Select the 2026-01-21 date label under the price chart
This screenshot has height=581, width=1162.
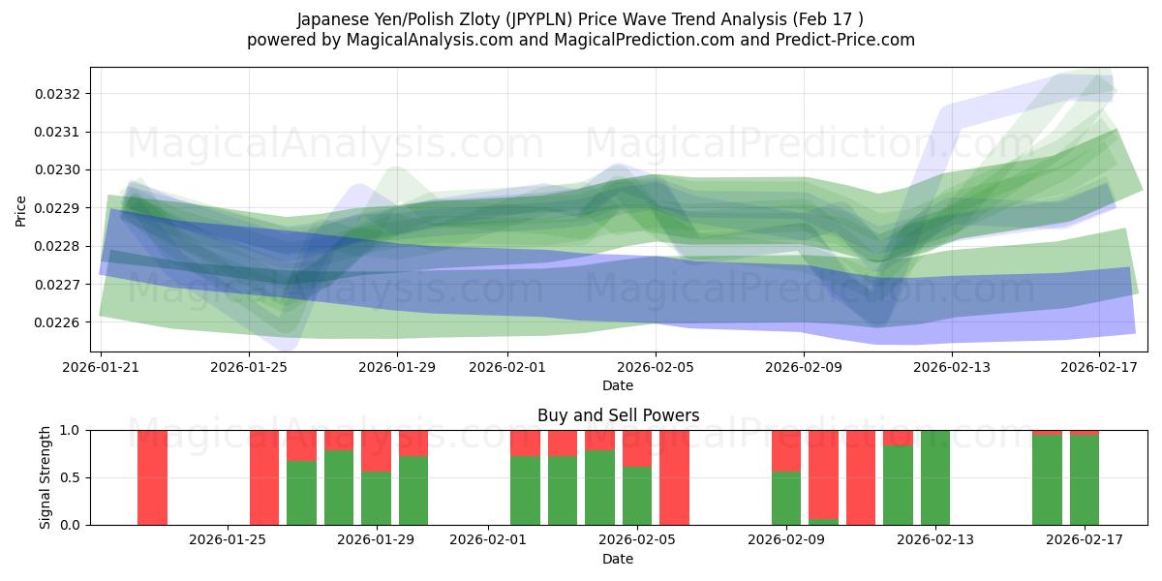click(x=102, y=368)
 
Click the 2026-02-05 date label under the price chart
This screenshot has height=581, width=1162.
click(x=656, y=368)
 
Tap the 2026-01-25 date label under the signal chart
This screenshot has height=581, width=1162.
click(x=228, y=540)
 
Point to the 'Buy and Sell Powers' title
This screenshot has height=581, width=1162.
click(x=618, y=415)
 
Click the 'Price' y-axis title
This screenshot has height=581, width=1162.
click(x=21, y=210)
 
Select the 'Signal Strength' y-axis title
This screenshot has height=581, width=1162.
click(x=46, y=477)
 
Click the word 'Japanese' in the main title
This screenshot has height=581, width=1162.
click(x=332, y=19)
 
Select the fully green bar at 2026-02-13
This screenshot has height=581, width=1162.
click(x=935, y=477)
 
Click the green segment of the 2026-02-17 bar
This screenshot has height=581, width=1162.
click(x=1085, y=479)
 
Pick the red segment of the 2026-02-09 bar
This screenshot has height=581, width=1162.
click(x=786, y=450)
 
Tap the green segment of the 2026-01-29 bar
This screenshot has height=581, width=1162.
click(x=377, y=498)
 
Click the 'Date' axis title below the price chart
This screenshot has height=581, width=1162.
click(x=618, y=385)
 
